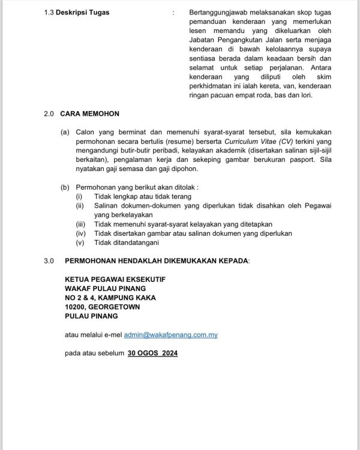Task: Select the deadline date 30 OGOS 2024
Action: coord(152,353)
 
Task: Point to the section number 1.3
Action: coord(49,13)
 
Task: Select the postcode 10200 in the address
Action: coord(77,307)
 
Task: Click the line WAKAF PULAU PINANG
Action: coord(105,289)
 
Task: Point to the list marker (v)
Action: coord(80,242)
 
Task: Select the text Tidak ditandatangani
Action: coord(126,242)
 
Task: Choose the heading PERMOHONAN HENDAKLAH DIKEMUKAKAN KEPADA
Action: coord(157,261)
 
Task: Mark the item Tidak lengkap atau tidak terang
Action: coord(142,196)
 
